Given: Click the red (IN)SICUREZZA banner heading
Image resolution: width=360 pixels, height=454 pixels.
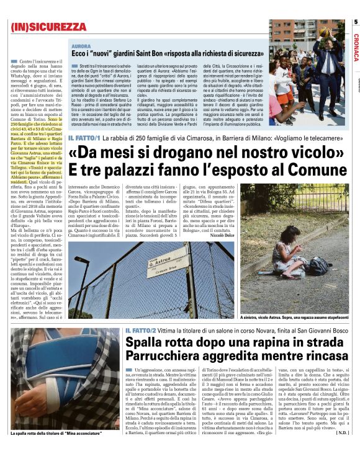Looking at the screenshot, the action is tap(48, 27).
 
